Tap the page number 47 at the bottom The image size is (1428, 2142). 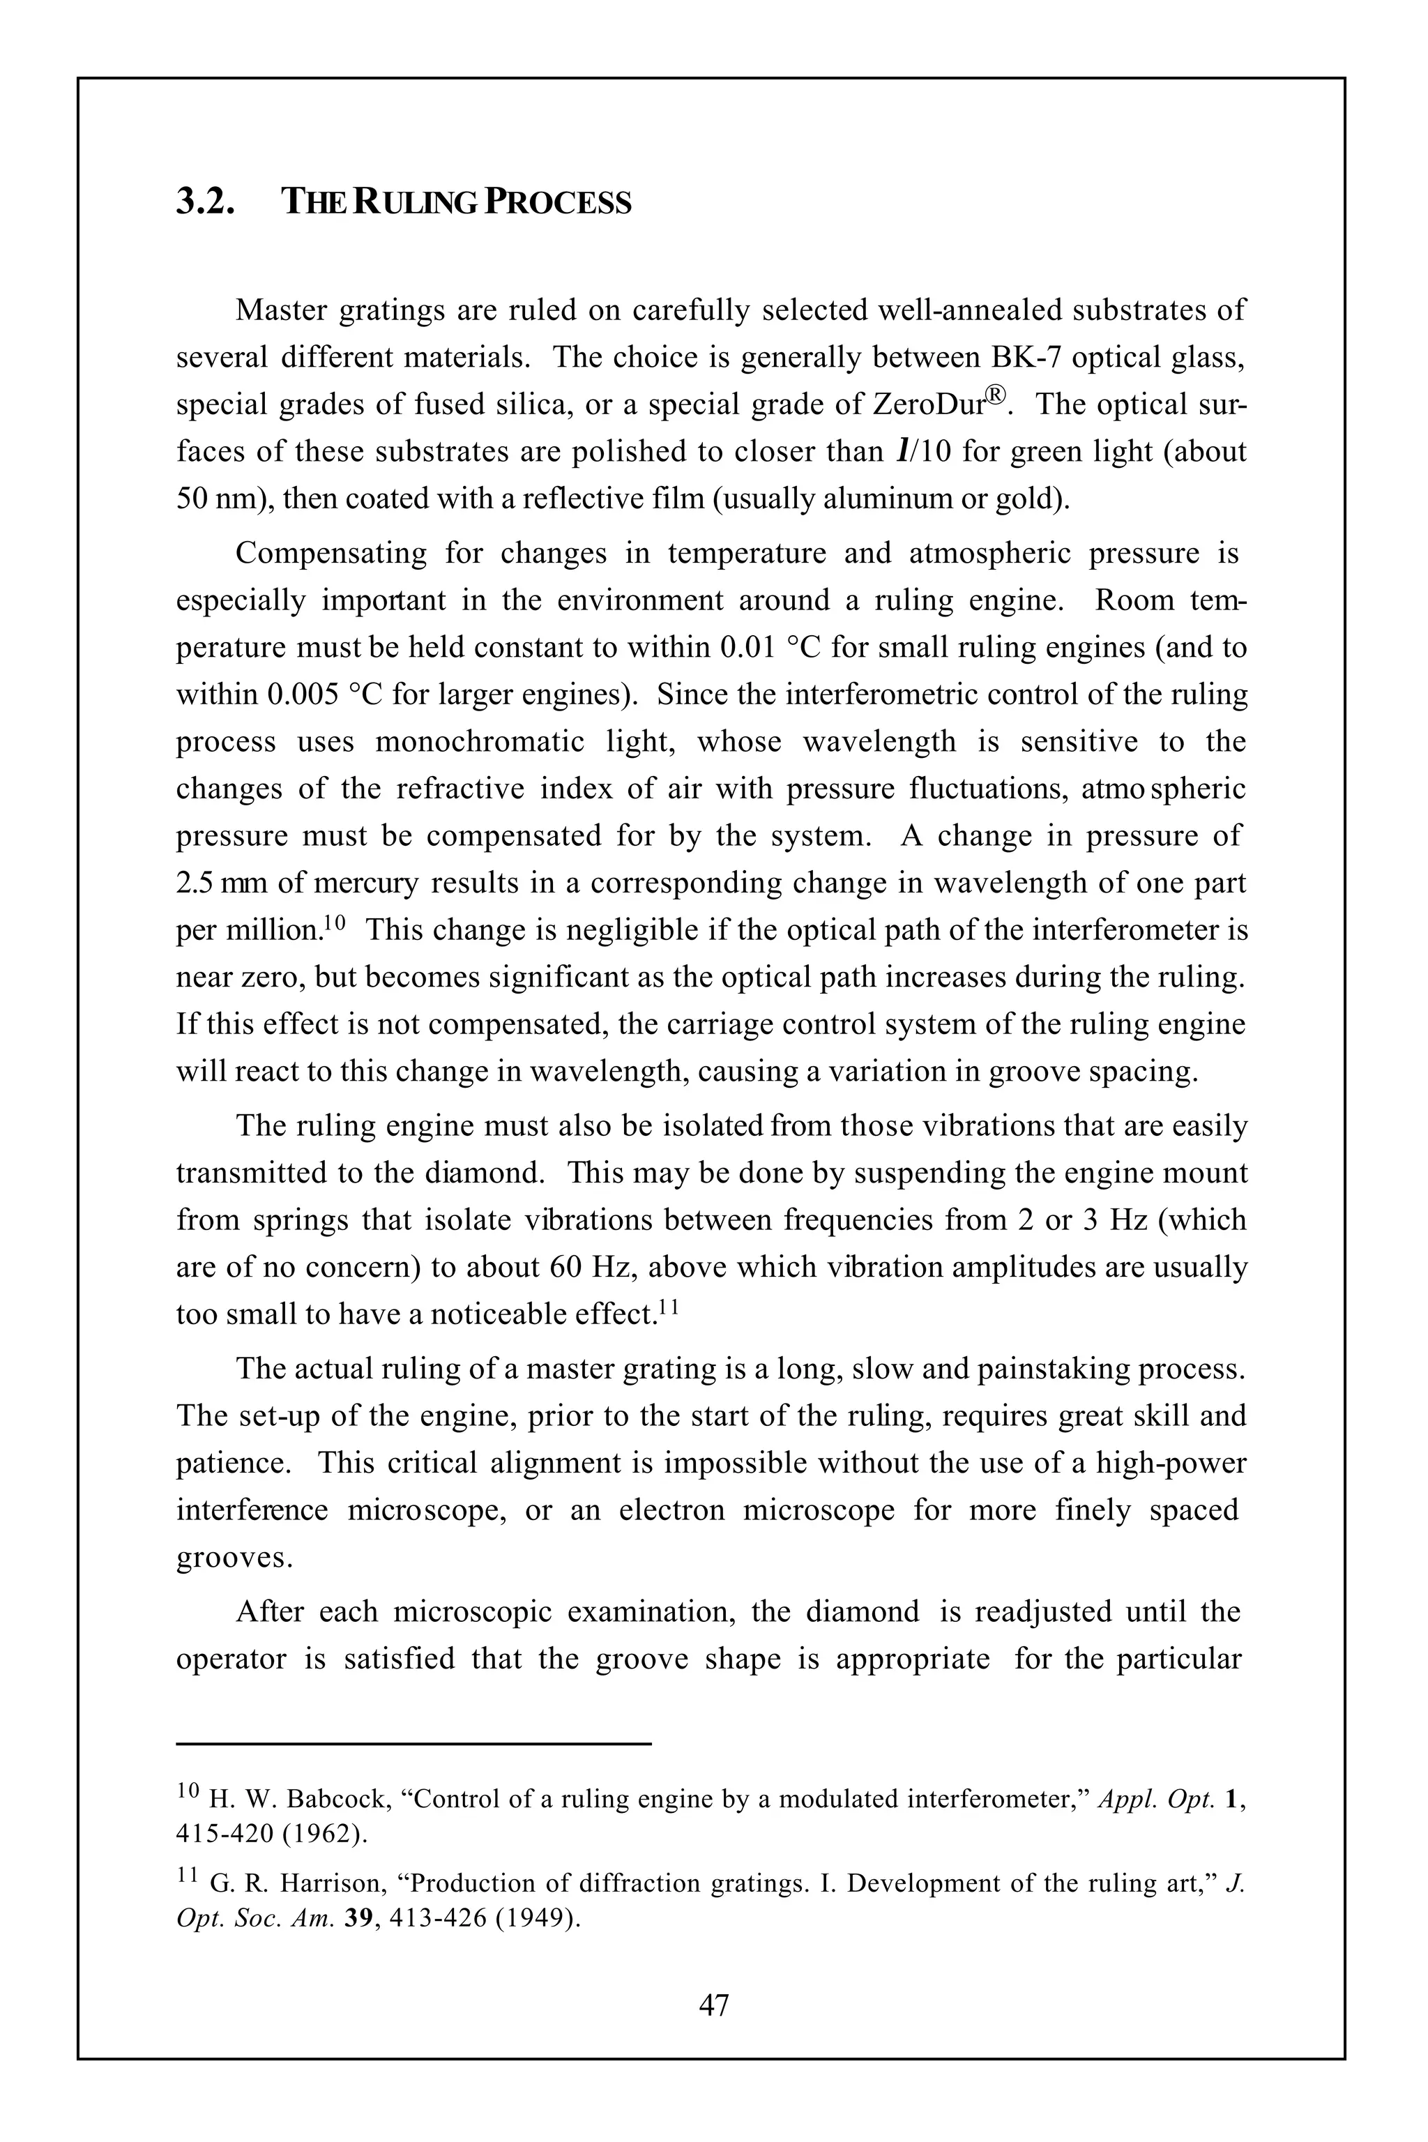coord(713,2005)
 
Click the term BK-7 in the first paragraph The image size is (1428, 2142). coord(1026,357)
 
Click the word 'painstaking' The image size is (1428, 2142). coord(1053,1369)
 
